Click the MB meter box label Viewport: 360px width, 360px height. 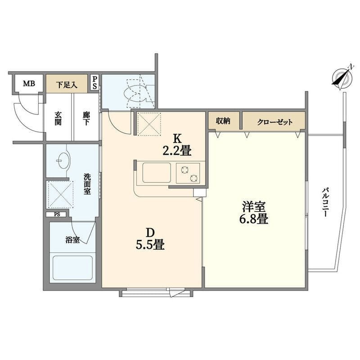[29, 84]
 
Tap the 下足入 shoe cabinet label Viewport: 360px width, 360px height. [67, 85]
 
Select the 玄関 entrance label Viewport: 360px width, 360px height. [58, 118]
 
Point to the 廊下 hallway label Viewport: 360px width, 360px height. [86, 118]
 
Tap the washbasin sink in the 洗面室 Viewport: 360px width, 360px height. [62, 160]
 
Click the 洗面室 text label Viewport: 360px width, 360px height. [87, 184]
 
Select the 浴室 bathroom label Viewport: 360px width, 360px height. [72, 240]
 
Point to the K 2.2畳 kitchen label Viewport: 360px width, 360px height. [177, 145]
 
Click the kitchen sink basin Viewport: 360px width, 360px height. [157, 173]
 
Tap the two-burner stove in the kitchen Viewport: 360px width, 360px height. [188, 173]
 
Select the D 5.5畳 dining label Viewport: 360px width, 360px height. [150, 239]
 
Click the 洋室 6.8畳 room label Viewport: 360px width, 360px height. [254, 212]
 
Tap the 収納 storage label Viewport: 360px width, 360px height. [223, 121]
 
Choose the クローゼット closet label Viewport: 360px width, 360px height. [274, 121]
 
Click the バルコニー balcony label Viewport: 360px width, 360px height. [325, 202]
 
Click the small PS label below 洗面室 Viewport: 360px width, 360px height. [57, 215]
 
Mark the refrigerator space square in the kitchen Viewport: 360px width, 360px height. [149, 124]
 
